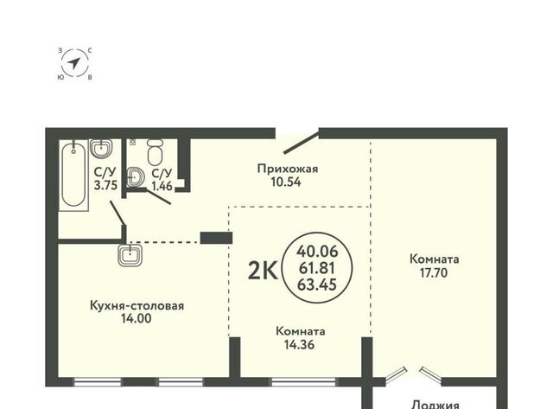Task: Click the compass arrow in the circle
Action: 74,63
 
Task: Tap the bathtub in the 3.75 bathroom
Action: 73,175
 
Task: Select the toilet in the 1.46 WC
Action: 156,151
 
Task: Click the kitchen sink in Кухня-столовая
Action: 130,255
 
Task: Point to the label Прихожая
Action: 288,169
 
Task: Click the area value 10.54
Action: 286,182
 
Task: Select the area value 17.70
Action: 434,272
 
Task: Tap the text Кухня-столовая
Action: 137,305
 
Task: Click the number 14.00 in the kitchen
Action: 137,318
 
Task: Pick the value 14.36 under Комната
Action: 299,344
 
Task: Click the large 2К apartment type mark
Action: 263,271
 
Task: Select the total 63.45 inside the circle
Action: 317,284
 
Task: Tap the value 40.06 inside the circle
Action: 317,252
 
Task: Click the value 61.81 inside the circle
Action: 317,268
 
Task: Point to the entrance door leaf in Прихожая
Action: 302,143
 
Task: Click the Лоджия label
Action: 435,405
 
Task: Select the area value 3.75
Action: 105,185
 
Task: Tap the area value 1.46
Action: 162,186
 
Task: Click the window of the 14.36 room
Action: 303,381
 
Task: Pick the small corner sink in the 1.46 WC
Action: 136,176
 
